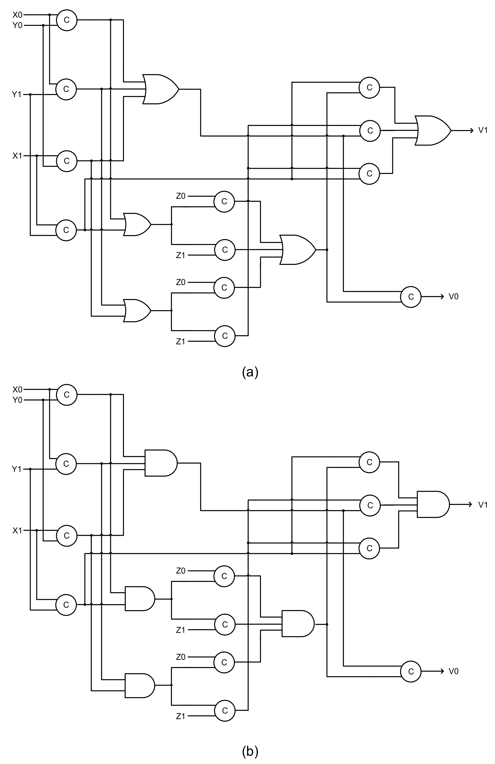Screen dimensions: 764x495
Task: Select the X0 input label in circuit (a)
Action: [17, 14]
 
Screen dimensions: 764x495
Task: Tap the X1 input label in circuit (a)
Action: [17, 156]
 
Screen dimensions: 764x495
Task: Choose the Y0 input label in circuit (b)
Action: [17, 400]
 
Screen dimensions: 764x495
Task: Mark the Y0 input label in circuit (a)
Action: [17, 25]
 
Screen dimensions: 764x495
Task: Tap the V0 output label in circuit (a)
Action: [453, 296]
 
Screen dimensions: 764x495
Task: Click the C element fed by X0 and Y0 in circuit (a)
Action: [66, 20]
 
